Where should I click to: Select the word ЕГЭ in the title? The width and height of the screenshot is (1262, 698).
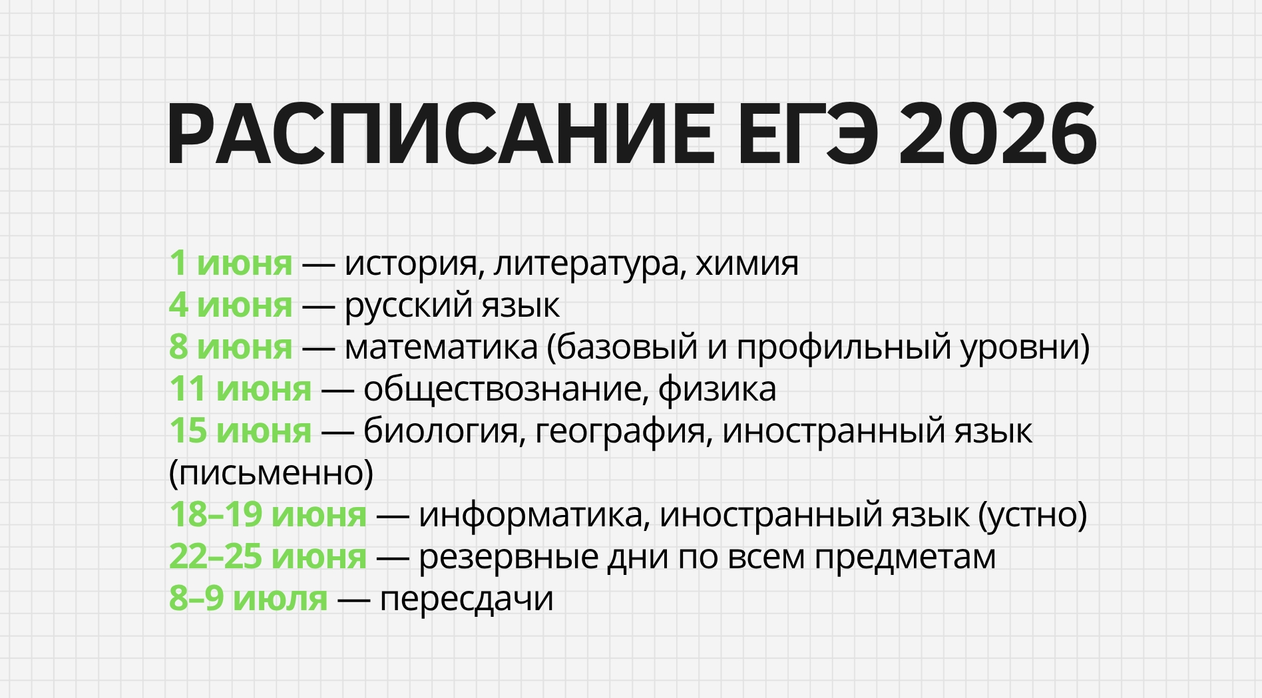pos(807,135)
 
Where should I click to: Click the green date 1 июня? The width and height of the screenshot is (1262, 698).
pos(230,263)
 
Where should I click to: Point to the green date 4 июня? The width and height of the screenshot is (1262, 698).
pos(230,305)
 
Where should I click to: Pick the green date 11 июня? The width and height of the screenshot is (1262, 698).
pos(240,389)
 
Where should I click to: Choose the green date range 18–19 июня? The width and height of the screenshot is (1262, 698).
pos(268,514)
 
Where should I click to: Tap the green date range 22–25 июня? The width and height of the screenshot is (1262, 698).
pos(268,556)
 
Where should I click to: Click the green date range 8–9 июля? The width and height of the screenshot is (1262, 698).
pos(248,598)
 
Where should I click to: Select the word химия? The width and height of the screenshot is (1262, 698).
pos(747,263)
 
